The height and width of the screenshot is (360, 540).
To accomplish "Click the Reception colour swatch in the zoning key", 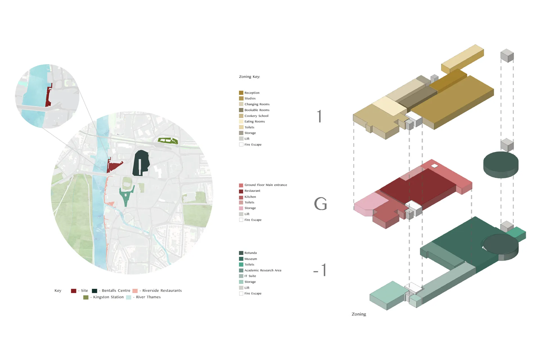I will tap(241, 93).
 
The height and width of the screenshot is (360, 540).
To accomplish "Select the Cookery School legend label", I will tap(256, 116).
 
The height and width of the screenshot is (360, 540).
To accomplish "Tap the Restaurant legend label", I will tap(252, 191).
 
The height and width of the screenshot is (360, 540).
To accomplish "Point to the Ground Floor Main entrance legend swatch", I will tap(241, 185).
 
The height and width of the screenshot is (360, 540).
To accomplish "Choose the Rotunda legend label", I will tap(250, 253).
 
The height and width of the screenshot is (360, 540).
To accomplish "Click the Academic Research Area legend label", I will tap(263, 270).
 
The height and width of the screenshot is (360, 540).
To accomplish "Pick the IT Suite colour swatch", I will tap(241, 276).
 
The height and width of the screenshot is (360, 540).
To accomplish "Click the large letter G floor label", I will tap(320, 204).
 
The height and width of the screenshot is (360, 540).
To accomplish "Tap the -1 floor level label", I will tap(320, 270).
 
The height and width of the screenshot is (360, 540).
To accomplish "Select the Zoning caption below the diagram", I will tap(359, 314).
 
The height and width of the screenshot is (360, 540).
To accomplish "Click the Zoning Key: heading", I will tap(249, 76).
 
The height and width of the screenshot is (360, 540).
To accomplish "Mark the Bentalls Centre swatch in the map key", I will tap(94, 291).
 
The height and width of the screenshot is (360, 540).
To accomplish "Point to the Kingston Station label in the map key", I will tap(108, 297).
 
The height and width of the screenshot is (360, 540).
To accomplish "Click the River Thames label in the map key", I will tap(148, 297).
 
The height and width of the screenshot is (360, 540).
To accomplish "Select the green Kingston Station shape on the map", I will tap(168, 141).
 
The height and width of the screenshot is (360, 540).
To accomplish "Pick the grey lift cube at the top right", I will tap(507, 55).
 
